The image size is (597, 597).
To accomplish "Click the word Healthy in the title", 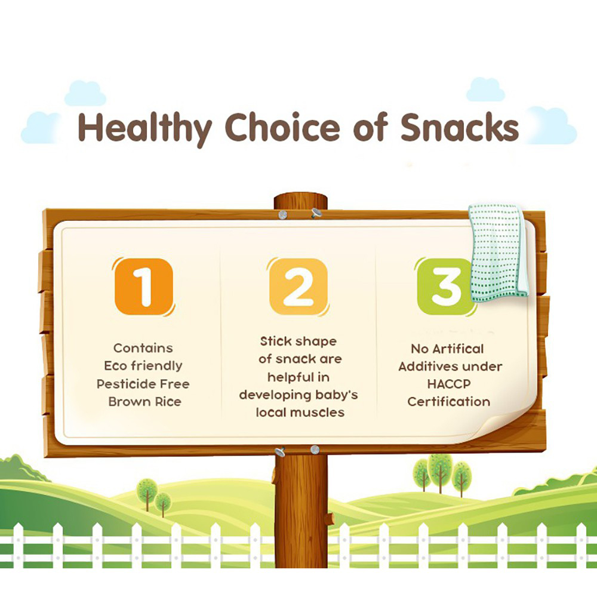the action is pos(144,129).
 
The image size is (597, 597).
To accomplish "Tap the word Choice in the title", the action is pos(282,127).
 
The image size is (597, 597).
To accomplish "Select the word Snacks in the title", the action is pos(460,127).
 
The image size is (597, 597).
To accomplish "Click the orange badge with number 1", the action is pos(144,287).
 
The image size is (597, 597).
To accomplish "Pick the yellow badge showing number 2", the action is pos(298,287).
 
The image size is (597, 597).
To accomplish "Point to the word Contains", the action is pos(143,348).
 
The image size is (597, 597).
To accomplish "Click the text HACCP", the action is pos(449,384).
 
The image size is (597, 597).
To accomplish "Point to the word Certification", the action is pos(448,402).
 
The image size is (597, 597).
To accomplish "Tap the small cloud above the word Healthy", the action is pos(85,93).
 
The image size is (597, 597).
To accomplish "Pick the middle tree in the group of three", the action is pos(440,472).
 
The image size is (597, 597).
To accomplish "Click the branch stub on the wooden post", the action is pos(330,518).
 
